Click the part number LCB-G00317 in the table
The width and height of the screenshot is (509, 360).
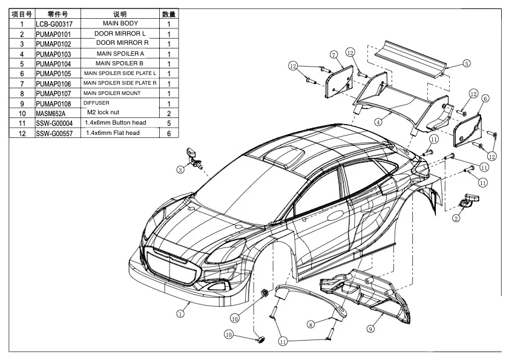(54, 24)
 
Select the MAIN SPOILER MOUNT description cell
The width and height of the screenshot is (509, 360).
(120, 93)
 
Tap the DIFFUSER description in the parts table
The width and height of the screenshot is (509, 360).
(97, 103)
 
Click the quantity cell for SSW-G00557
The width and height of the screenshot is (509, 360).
(169, 133)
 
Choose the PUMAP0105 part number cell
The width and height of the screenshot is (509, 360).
(53, 74)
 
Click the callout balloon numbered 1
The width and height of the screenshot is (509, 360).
(180, 313)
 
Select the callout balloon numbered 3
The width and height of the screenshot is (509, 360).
(180, 170)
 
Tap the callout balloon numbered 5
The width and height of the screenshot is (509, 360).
(467, 63)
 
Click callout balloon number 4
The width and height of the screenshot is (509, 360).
(378, 121)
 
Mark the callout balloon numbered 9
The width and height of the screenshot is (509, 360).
(370, 329)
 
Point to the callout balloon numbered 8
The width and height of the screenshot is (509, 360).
(310, 325)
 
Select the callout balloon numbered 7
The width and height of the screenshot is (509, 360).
(333, 55)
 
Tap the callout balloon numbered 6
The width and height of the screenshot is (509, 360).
(485, 98)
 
